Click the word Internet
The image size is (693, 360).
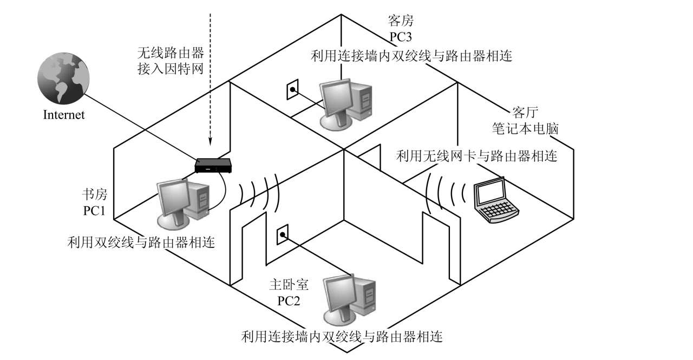(x=64, y=115)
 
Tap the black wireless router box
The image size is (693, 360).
(x=213, y=165)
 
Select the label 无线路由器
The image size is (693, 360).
(x=170, y=53)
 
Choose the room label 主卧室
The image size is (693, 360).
(x=289, y=285)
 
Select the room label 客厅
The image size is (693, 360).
(x=521, y=113)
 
